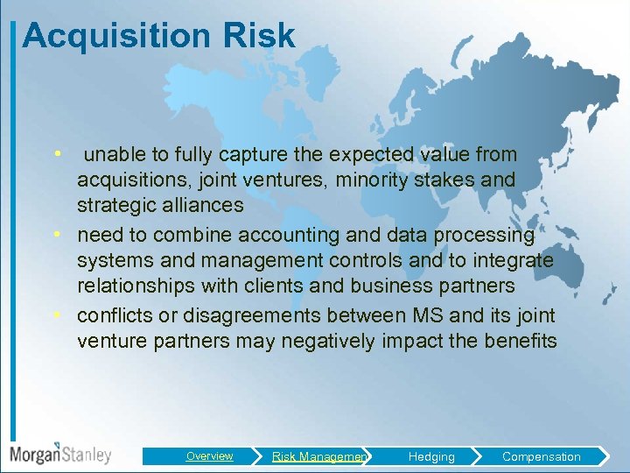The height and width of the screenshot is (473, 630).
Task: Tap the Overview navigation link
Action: click(x=209, y=456)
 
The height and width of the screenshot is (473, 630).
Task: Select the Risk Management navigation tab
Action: click(x=318, y=456)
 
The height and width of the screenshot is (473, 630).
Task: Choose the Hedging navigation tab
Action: click(x=431, y=456)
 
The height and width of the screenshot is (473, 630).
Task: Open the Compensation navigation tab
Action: click(x=541, y=456)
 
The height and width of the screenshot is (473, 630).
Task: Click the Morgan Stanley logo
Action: click(x=60, y=454)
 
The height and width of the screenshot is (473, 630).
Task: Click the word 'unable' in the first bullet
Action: click(x=115, y=155)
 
